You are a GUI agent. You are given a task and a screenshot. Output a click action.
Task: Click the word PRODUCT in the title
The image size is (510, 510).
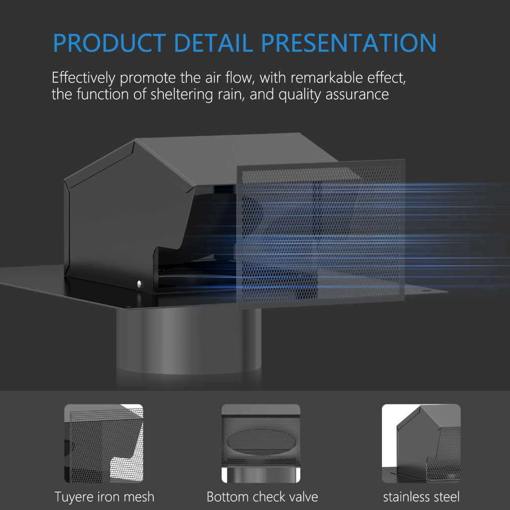click(110, 43)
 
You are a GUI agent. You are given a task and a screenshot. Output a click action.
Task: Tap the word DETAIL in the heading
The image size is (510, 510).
click(213, 43)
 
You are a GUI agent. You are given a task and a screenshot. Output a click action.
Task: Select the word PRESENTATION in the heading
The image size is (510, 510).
click(349, 43)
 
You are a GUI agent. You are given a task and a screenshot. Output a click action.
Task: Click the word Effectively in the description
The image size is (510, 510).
click(84, 78)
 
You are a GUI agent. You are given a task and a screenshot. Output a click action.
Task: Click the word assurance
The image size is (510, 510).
click(357, 95)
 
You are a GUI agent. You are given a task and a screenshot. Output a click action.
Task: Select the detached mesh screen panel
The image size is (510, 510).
click(321, 234)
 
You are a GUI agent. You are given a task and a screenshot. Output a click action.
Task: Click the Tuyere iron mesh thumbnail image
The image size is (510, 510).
click(104, 443)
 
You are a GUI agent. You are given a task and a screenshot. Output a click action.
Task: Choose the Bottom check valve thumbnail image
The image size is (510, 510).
click(261, 443)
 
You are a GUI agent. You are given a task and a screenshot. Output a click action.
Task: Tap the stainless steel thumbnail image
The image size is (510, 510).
click(421, 443)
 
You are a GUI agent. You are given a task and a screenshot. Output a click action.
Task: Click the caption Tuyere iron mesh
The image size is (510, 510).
click(105, 497)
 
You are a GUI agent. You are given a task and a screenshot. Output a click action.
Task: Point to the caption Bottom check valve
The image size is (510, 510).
click(262, 497)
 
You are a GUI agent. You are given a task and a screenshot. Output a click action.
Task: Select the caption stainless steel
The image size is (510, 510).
click(421, 497)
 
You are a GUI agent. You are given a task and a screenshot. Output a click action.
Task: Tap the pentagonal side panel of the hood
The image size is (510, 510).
click(127, 215)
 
